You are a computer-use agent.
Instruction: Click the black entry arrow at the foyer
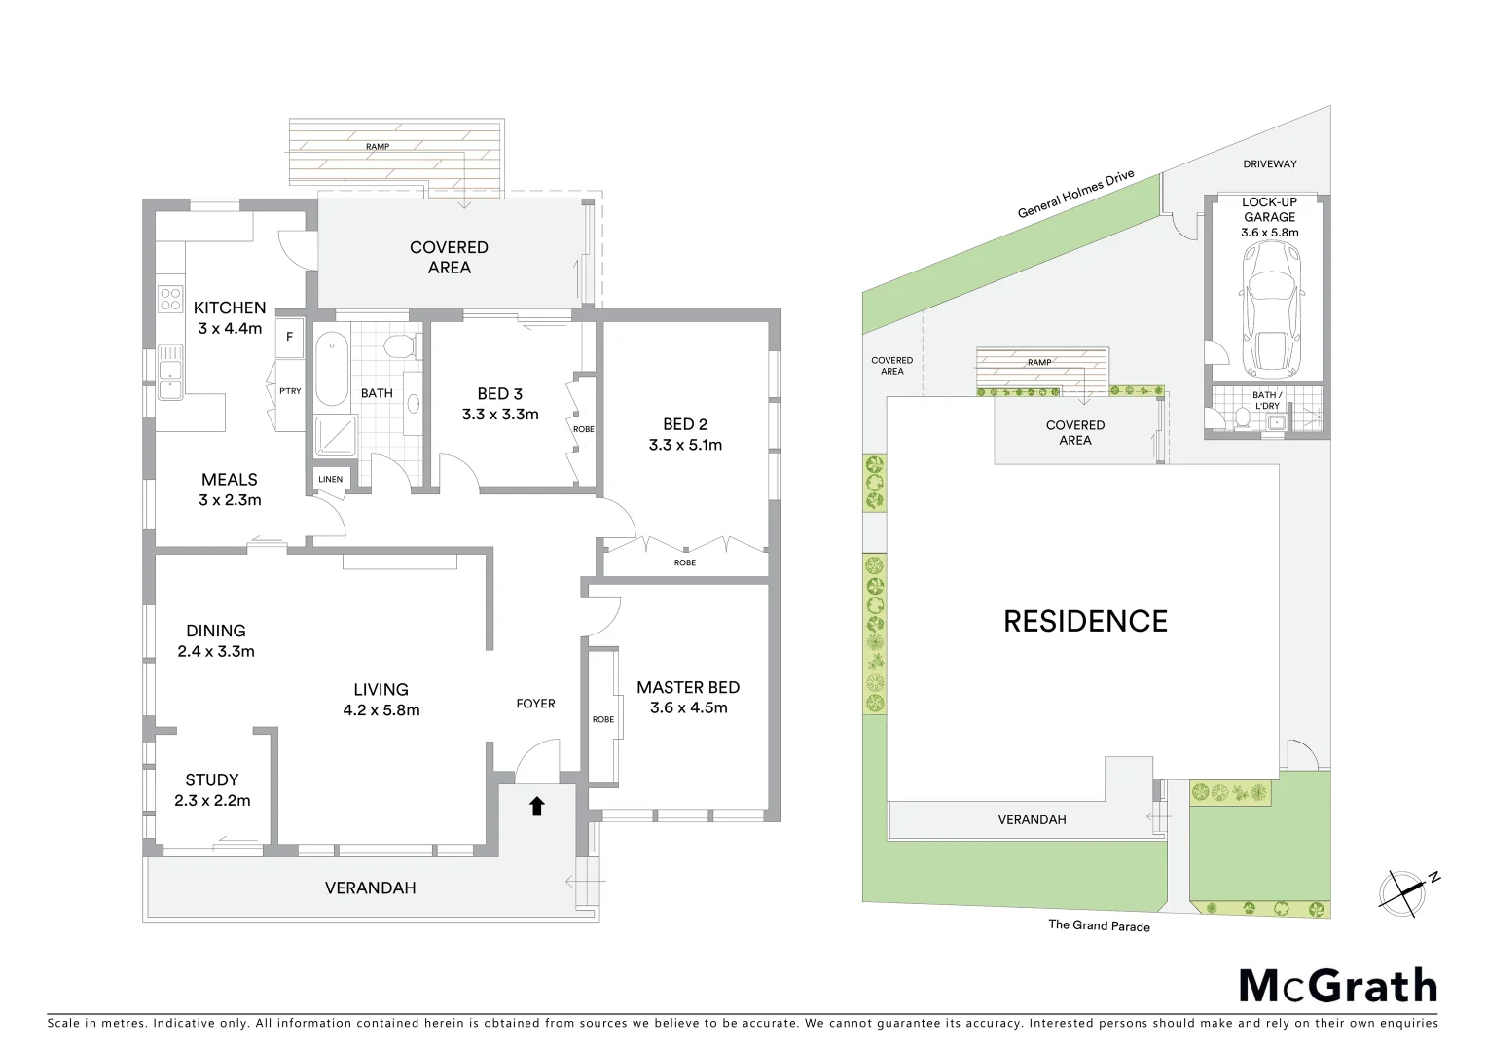pyautogui.click(x=536, y=806)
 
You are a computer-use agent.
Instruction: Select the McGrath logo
pyautogui.click(x=1337, y=986)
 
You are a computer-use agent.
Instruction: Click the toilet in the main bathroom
pyautogui.click(x=400, y=345)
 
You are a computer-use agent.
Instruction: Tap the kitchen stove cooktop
pyautogui.click(x=170, y=297)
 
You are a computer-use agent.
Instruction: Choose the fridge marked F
pyautogui.click(x=289, y=338)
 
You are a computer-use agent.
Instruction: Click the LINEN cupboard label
pyautogui.click(x=330, y=479)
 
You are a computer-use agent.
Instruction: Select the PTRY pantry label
pyautogui.click(x=289, y=391)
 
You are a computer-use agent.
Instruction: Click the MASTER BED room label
pyautogui.click(x=688, y=687)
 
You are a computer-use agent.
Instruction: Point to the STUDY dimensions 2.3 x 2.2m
pyautogui.click(x=212, y=801)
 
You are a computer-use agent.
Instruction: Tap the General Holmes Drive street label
pyautogui.click(x=1075, y=195)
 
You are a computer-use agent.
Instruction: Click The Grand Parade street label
pyautogui.click(x=1099, y=925)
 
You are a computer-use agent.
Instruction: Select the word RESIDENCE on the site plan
pyautogui.click(x=1085, y=621)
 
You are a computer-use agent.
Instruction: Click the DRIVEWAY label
pyautogui.click(x=1269, y=164)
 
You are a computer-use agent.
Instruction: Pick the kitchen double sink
pyautogui.click(x=170, y=375)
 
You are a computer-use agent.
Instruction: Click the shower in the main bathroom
pyautogui.click(x=335, y=436)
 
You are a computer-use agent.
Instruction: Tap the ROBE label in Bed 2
pyautogui.click(x=685, y=562)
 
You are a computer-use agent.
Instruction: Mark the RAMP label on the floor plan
pyautogui.click(x=378, y=146)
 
